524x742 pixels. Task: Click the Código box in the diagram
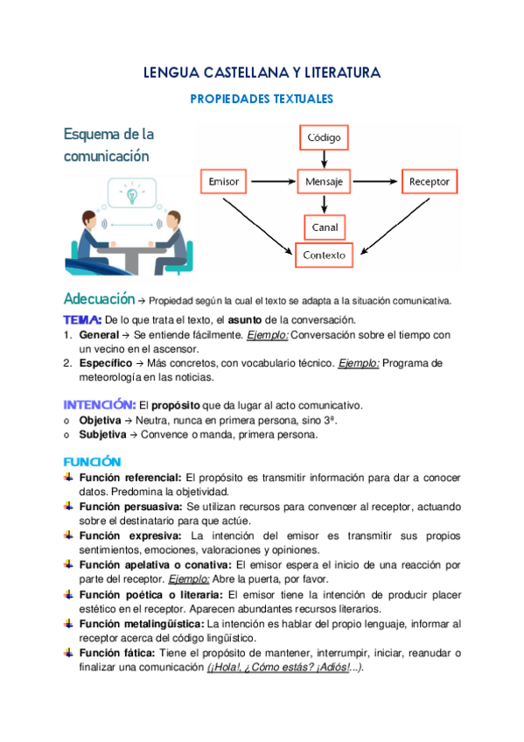[325, 137]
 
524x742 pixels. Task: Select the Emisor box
[224, 182]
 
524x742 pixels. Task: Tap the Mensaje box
[325, 182]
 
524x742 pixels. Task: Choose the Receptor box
[429, 182]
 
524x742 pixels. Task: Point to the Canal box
[325, 227]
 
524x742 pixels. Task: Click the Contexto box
[325, 255]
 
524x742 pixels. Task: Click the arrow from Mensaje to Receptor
[375, 182]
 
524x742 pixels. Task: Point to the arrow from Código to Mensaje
[325, 158]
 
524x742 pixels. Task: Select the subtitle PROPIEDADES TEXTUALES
[262, 100]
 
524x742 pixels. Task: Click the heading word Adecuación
[99, 298]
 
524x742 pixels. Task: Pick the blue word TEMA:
[83, 319]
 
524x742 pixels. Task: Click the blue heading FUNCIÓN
[92, 461]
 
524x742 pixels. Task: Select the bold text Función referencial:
[130, 479]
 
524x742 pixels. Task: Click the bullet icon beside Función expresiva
[69, 534]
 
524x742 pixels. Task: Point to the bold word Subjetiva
[102, 434]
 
